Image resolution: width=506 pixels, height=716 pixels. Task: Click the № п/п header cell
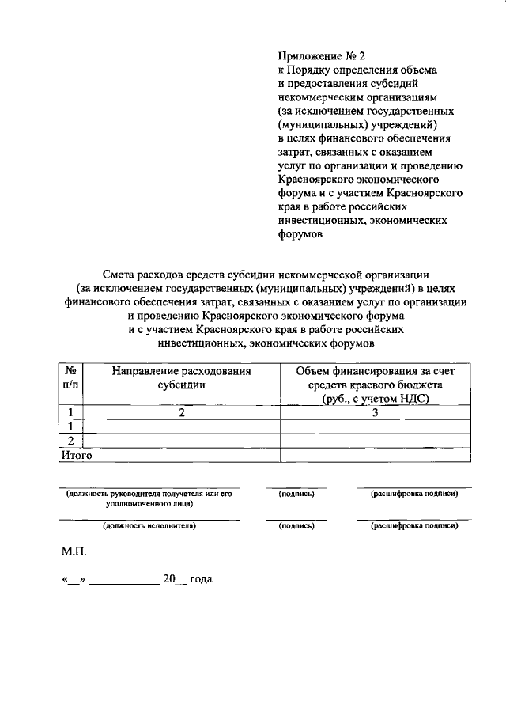coord(70,377)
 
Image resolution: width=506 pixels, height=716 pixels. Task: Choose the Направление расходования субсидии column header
coord(181,377)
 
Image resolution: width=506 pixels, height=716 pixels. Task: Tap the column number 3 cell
coord(376,412)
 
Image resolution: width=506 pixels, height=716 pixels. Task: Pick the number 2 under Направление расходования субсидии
coord(181,412)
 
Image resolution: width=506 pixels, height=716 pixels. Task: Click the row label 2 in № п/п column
coord(70,441)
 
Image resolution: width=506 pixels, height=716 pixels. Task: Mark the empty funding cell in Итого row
coord(376,455)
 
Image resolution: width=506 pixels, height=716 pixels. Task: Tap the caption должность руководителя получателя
coord(149,494)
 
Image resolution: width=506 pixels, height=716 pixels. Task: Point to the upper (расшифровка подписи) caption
coord(414,494)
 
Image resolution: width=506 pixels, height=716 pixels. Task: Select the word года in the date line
coord(201,579)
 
